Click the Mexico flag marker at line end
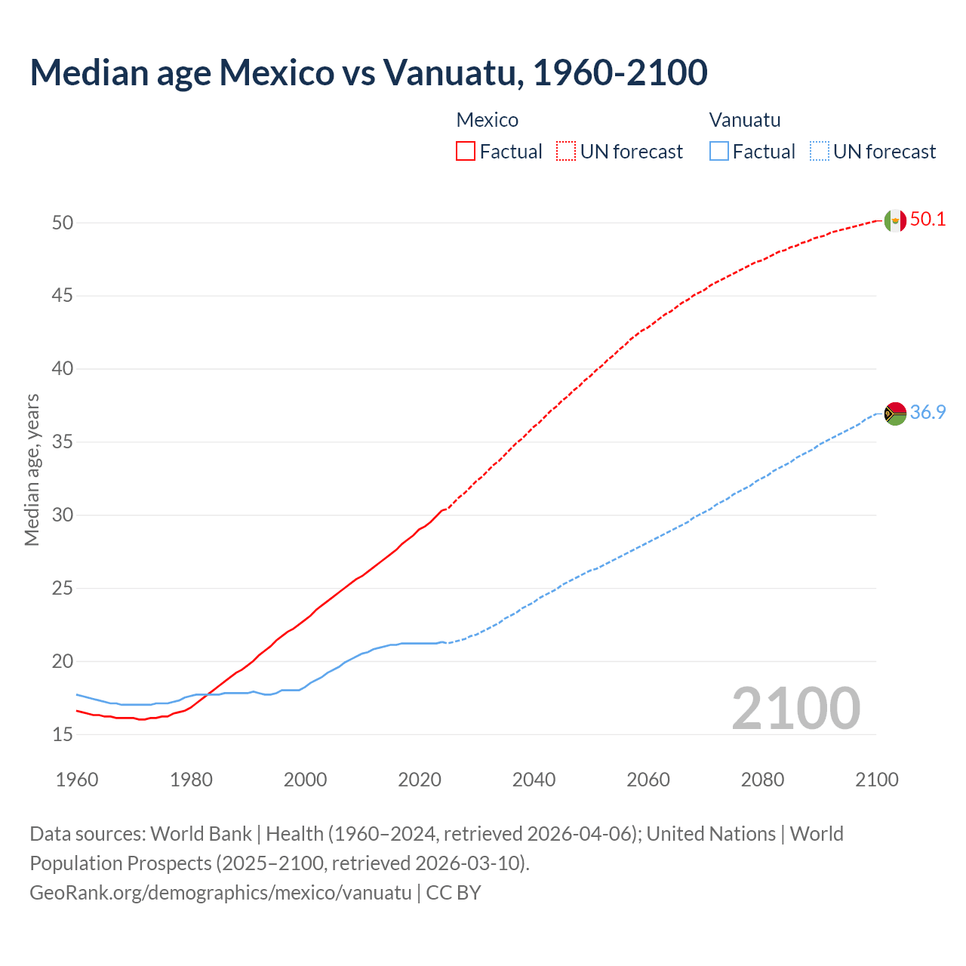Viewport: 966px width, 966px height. [x=895, y=220]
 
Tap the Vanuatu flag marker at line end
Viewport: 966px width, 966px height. [x=895, y=414]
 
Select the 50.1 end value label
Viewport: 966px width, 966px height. [x=928, y=220]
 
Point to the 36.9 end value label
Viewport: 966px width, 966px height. [x=928, y=413]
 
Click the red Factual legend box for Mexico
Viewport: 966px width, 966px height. [x=466, y=152]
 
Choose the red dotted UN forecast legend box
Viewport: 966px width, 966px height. [x=566, y=152]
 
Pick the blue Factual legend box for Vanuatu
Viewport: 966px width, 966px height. [x=718, y=152]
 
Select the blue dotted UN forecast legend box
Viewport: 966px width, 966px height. [x=819, y=152]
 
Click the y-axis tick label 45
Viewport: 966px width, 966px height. [x=63, y=296]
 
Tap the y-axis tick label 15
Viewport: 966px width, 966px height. [x=63, y=734]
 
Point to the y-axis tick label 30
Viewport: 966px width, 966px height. [x=63, y=515]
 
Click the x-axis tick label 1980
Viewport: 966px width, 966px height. [x=191, y=780]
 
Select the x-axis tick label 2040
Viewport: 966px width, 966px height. [x=534, y=780]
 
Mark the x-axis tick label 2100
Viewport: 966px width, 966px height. [x=876, y=780]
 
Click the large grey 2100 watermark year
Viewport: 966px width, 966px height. [x=795, y=709]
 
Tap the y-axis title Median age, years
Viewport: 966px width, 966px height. [x=32, y=469]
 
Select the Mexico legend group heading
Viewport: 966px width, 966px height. [x=487, y=120]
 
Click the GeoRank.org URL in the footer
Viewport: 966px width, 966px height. [x=220, y=893]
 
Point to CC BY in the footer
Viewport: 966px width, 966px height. [x=454, y=893]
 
